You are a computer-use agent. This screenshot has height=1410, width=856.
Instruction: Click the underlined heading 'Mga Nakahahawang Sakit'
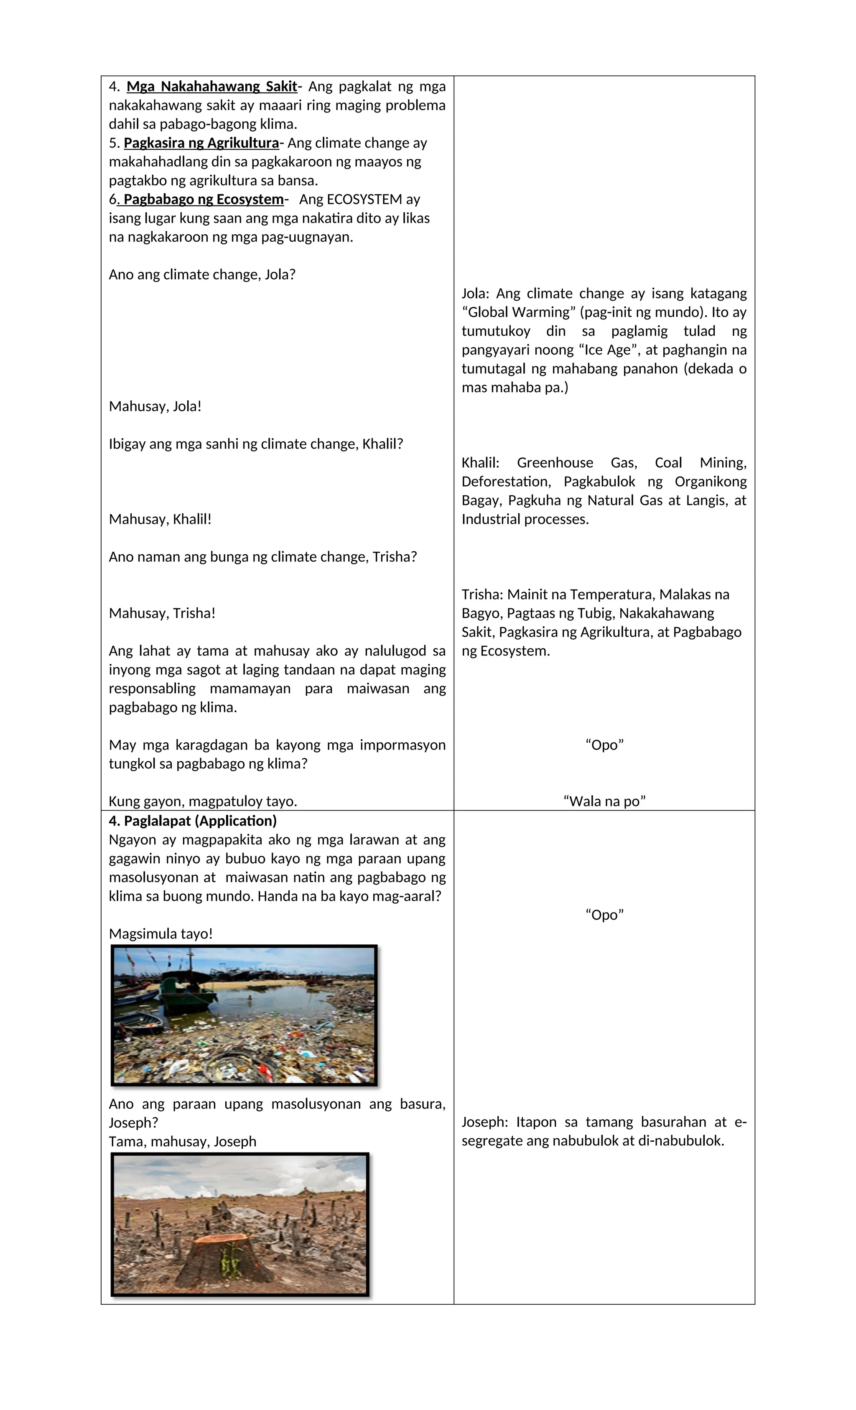(212, 87)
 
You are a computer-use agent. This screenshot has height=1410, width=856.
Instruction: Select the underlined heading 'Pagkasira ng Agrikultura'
(201, 143)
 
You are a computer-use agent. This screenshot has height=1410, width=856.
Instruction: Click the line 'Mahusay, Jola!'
(155, 406)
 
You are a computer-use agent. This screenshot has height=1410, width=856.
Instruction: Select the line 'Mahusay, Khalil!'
(160, 519)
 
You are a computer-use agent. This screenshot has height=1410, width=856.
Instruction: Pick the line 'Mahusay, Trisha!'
(162, 613)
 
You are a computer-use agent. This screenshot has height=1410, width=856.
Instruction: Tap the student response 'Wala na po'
(604, 801)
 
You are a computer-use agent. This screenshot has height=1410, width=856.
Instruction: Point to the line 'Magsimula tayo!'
(161, 934)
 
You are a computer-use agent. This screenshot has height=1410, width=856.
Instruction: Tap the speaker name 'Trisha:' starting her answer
(482, 594)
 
